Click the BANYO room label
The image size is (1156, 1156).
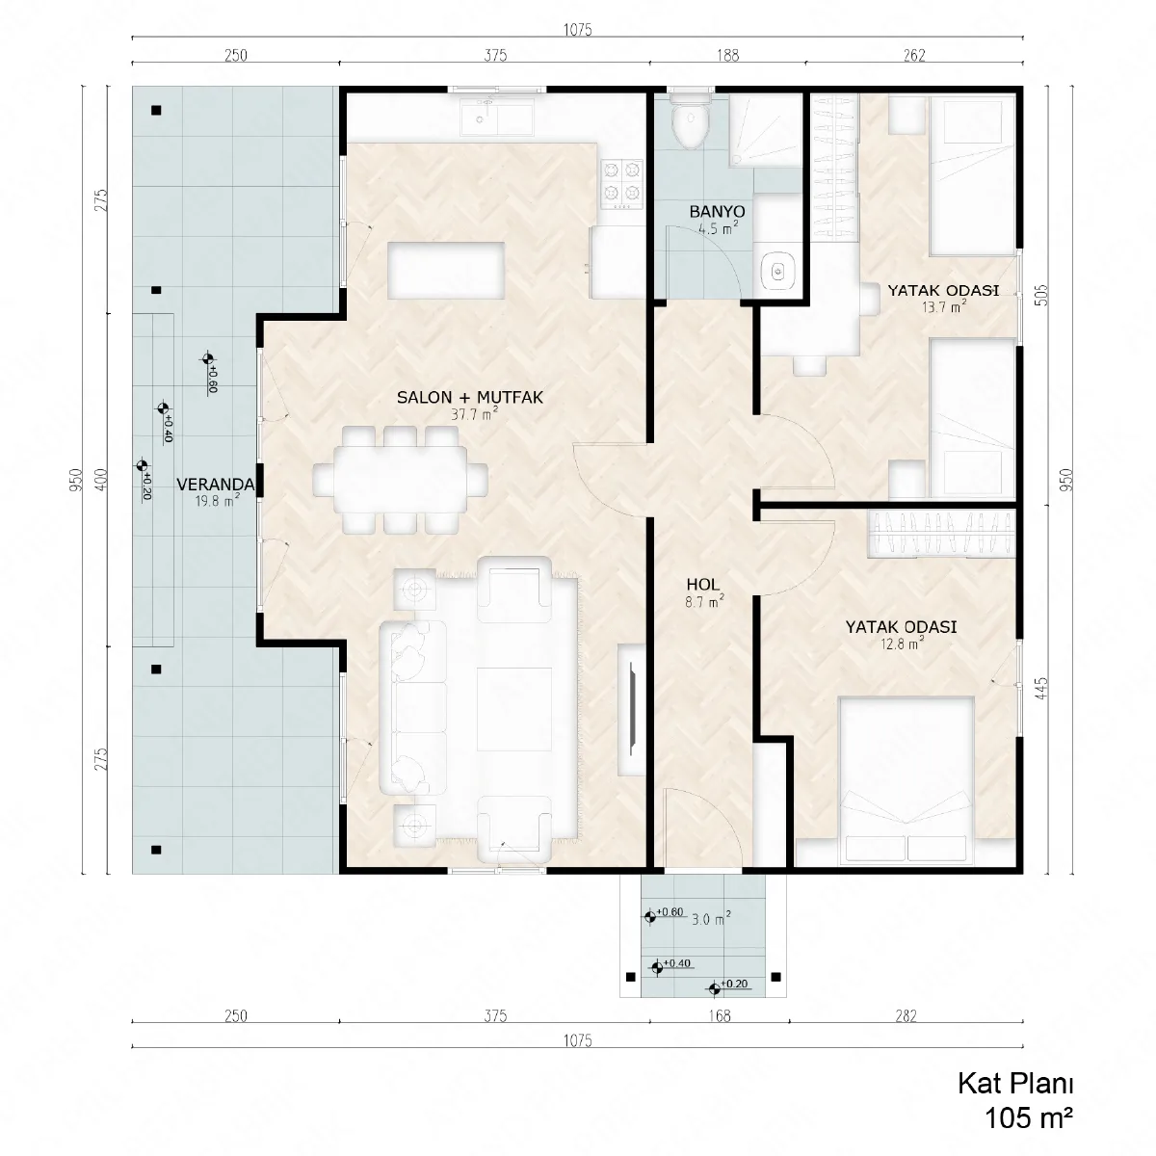click(x=717, y=212)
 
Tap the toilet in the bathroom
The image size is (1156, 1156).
click(x=691, y=122)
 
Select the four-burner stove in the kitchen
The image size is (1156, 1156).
click(x=621, y=185)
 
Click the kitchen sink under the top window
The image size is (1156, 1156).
click(x=497, y=118)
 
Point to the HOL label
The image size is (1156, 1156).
click(x=702, y=585)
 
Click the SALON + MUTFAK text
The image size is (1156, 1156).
click(x=470, y=397)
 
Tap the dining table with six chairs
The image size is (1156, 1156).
click(x=400, y=480)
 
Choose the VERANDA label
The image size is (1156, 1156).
click(x=216, y=485)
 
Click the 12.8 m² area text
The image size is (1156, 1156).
click(x=901, y=644)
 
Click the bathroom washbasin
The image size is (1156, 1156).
click(x=778, y=272)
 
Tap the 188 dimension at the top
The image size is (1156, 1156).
click(x=727, y=55)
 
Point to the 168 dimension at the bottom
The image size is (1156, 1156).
click(x=720, y=1015)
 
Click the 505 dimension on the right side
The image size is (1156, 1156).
click(x=1042, y=295)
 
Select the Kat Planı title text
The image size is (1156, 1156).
click(x=1014, y=1084)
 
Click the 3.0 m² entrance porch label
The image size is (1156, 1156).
click(x=711, y=918)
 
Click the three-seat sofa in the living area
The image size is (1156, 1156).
click(x=412, y=707)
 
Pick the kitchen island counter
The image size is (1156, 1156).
click(x=446, y=270)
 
